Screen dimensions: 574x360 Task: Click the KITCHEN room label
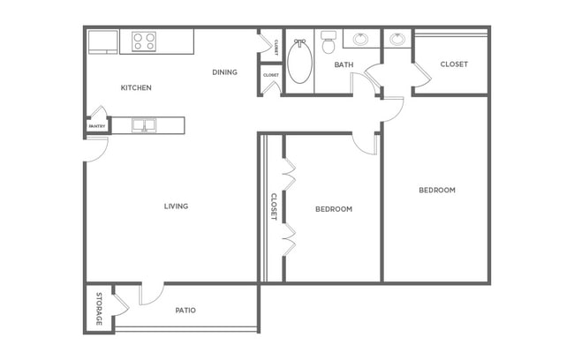coord(136,88)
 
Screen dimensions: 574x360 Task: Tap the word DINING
coord(225,72)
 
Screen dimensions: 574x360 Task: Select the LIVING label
coord(176,206)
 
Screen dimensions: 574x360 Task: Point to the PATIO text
coord(185,311)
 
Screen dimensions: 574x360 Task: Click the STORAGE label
coord(99,309)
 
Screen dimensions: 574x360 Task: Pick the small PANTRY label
coord(97,126)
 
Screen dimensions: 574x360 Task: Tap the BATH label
coord(344,64)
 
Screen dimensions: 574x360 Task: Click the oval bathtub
coord(300,62)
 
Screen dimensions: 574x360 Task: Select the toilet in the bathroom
coord(329,41)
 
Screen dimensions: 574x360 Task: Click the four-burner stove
coord(144,41)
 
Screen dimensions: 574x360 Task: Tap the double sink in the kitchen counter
coord(144,125)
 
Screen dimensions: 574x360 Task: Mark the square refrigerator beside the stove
coord(102,42)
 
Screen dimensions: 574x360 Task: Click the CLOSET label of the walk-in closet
coord(454,64)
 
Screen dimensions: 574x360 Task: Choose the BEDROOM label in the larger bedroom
coord(437,191)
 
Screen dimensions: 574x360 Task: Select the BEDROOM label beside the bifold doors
coord(334,209)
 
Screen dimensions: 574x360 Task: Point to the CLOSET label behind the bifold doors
coord(274,206)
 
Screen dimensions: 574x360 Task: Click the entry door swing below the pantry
coord(96,149)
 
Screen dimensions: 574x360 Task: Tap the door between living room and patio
coord(151,294)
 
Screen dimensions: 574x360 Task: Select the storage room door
coord(121,304)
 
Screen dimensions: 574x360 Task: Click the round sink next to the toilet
coord(361,39)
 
